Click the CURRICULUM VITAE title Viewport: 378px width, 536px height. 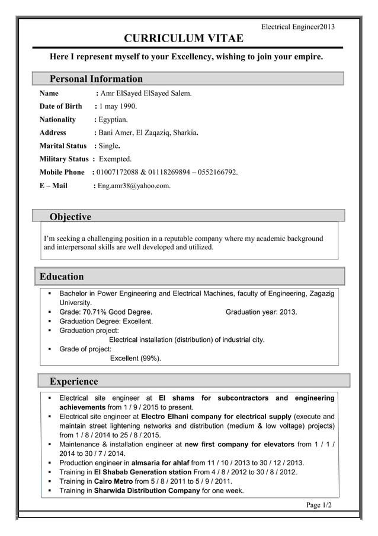click(x=183, y=39)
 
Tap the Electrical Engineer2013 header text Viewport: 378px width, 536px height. click(x=298, y=27)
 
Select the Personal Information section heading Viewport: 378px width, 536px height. click(x=96, y=79)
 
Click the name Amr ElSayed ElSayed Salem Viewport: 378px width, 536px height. click(x=146, y=93)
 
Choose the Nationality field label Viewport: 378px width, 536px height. click(x=57, y=119)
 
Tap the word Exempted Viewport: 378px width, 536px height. click(x=116, y=159)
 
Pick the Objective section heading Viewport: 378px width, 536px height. click(x=71, y=217)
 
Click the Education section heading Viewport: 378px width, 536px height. click(x=62, y=277)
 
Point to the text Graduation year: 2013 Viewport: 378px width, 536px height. click(x=261, y=312)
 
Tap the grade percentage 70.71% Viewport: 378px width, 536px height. click(x=94, y=312)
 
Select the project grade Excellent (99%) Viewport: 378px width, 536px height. click(x=136, y=358)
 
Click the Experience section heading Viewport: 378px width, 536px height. click(x=74, y=381)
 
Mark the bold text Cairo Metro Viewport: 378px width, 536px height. click(x=113, y=481)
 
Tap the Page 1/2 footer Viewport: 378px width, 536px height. click(x=319, y=505)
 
